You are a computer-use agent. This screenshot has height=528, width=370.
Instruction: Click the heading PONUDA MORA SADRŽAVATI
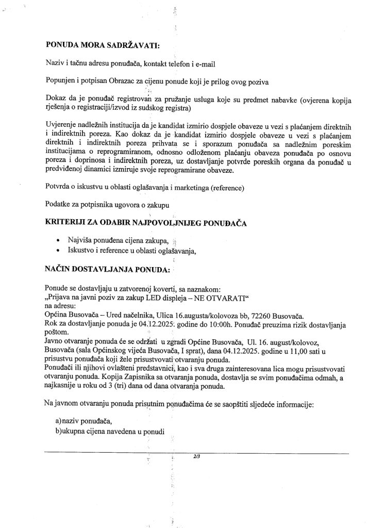tap(103, 45)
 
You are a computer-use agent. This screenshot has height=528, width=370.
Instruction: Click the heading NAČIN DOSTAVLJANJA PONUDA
tap(107, 269)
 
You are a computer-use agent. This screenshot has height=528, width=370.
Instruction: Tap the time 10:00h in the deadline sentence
tap(210, 325)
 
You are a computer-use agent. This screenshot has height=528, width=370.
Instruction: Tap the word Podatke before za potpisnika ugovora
tap(60, 204)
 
